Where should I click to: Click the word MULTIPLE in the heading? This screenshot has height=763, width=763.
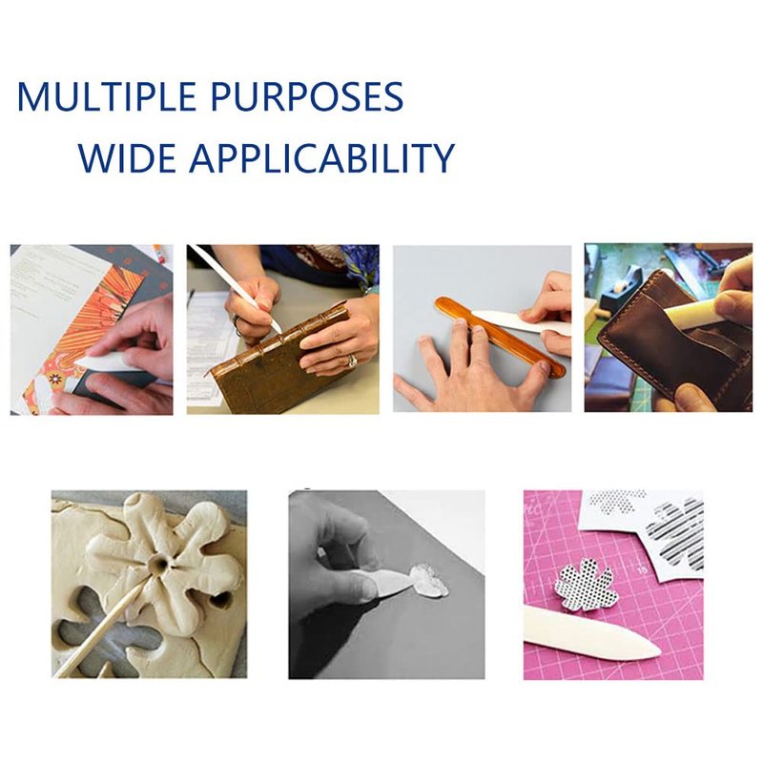(106, 97)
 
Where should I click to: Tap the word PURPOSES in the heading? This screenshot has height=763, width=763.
(307, 97)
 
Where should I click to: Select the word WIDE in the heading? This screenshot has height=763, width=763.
(127, 158)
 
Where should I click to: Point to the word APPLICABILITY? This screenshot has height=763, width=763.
(321, 158)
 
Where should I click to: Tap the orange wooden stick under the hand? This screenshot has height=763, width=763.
(500, 336)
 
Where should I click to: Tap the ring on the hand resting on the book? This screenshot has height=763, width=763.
(352, 361)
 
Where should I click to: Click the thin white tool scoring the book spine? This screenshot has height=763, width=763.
(236, 290)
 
